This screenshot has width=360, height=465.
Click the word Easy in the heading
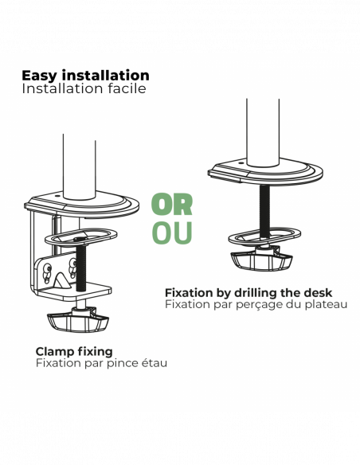point(39,76)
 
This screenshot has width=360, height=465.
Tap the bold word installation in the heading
point(106,75)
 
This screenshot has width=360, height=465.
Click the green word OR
point(172,205)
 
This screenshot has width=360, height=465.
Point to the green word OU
point(172,232)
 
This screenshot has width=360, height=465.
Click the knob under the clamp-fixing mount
point(78,320)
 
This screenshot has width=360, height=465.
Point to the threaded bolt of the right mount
point(264,211)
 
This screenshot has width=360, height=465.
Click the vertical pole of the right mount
point(263,132)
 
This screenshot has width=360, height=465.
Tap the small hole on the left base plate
point(57,196)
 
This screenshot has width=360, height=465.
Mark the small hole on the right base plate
point(241,162)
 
